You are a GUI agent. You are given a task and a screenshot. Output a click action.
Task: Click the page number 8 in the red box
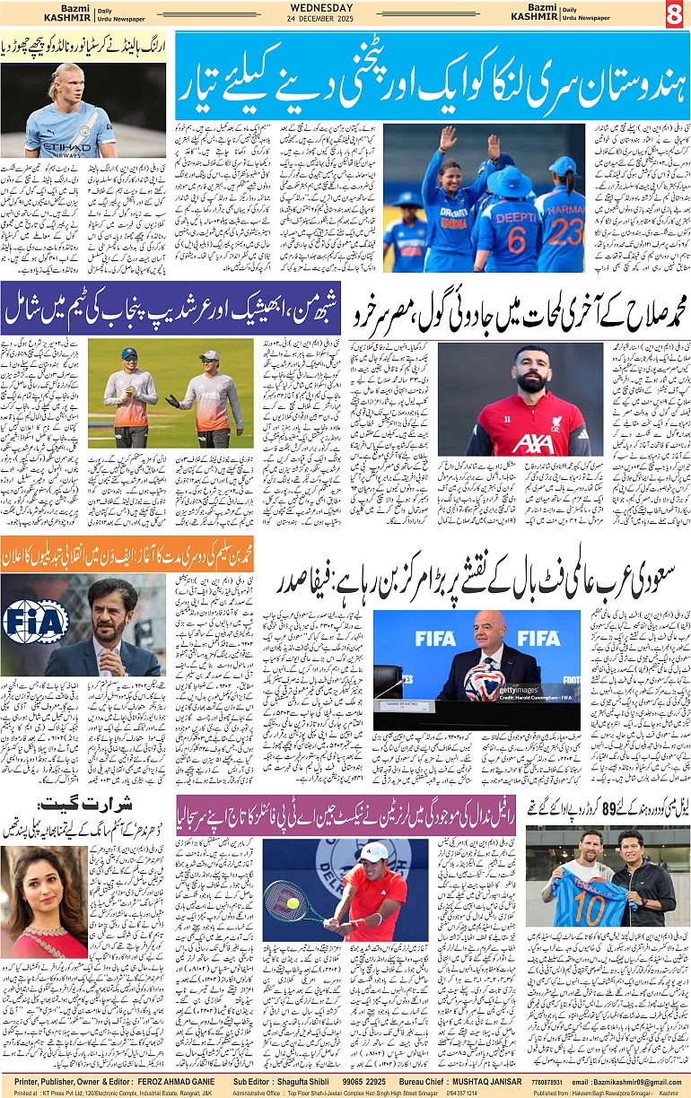(x=674, y=13)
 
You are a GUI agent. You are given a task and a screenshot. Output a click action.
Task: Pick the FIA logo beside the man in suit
(x=34, y=621)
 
